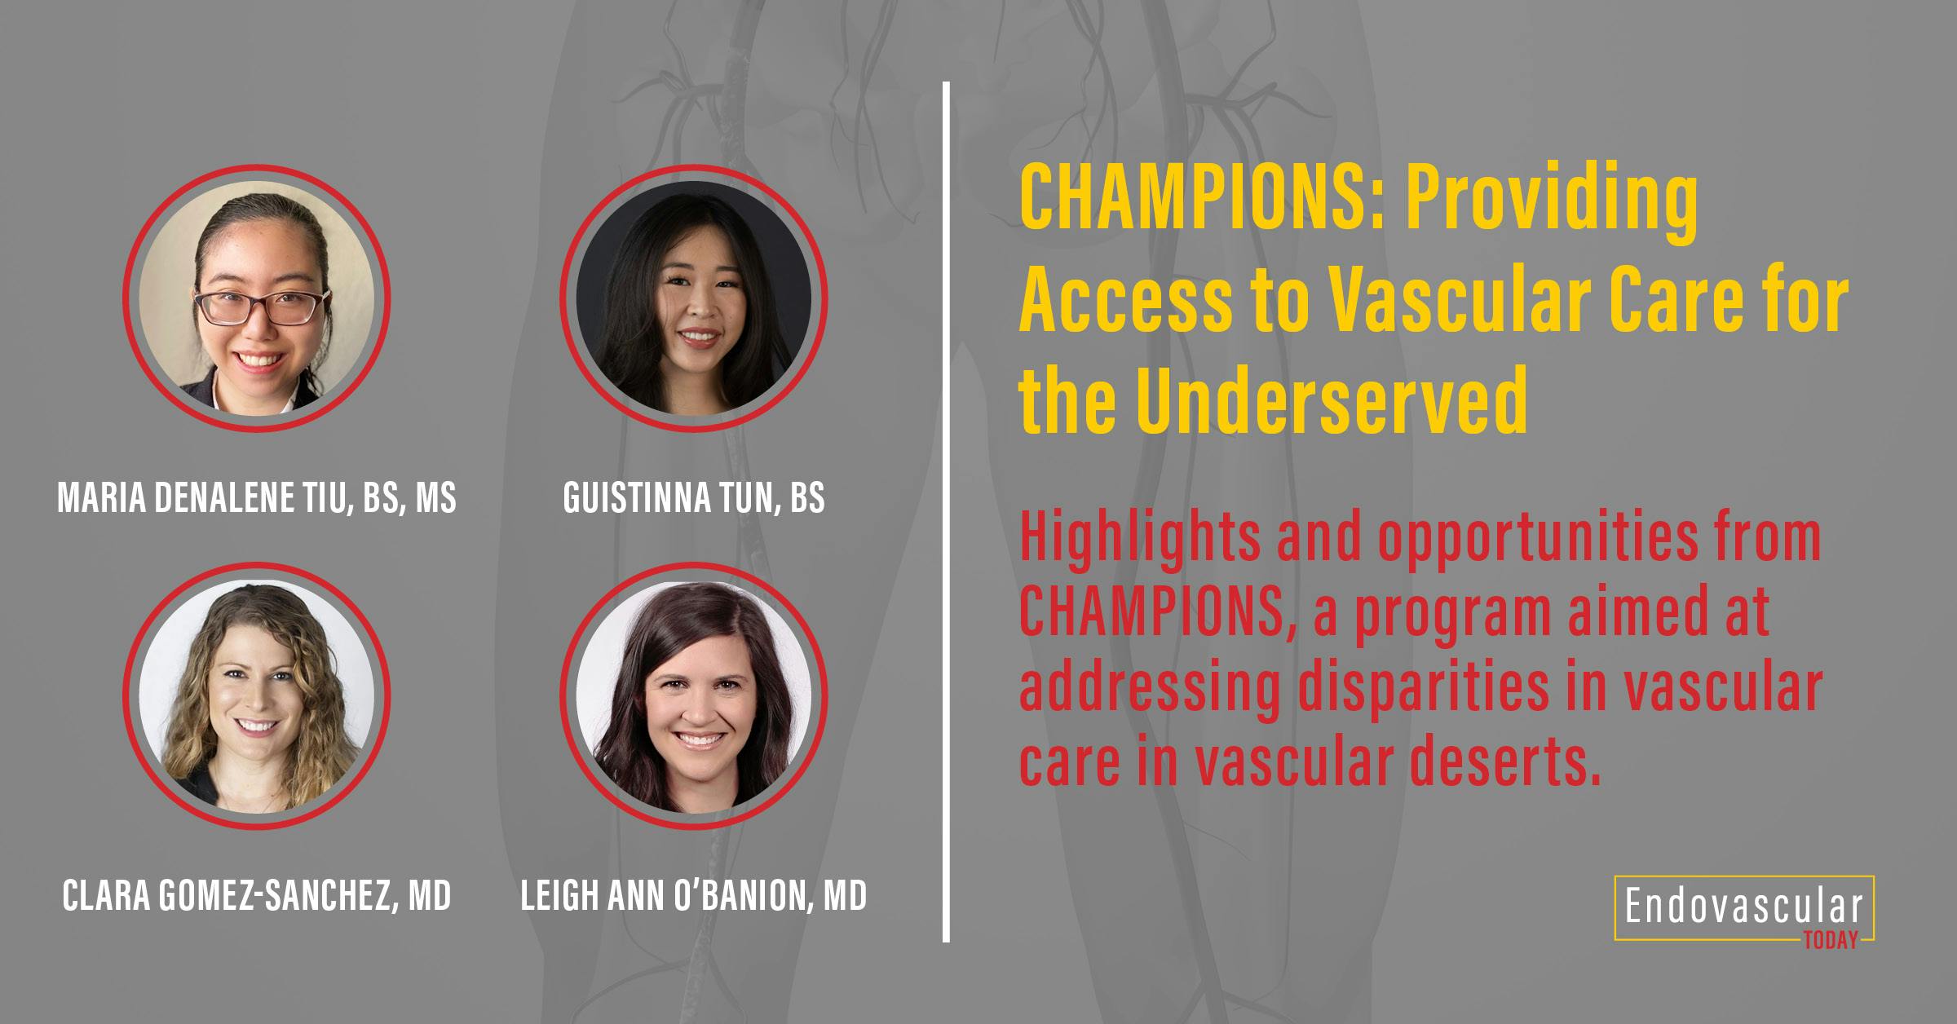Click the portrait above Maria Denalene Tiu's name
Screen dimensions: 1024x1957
tap(257, 298)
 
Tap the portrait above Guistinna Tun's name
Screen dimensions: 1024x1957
tap(694, 298)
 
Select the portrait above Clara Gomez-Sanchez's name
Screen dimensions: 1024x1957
tap(257, 695)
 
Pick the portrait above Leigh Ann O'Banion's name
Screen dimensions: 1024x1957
tap(694, 695)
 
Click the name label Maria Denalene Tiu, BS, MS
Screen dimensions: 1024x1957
tap(257, 497)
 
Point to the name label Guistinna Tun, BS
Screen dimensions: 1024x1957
tap(694, 497)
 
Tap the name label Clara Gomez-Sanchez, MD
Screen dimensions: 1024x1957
tap(257, 895)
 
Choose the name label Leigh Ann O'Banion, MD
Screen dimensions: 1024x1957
tap(694, 895)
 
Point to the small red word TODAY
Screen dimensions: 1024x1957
tap(1831, 942)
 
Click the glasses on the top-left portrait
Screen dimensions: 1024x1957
tap(257, 307)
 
